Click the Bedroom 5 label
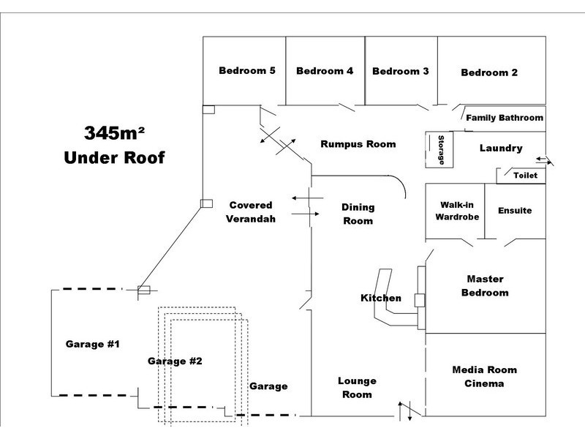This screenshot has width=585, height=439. coord(247,71)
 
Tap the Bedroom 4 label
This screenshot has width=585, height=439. coord(325,71)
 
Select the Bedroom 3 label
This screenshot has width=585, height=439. coord(400,72)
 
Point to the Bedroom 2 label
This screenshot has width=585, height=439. coord(489,72)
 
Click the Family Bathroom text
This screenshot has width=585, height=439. coord(505,118)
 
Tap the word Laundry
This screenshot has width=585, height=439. coord(501,149)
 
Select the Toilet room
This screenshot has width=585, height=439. coord(525,176)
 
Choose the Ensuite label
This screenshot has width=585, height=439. coord(515,211)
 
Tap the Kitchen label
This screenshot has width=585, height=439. coord(381,299)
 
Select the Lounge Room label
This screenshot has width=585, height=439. coord(357,388)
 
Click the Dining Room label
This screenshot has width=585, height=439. coord(358,214)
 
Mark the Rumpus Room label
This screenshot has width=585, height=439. coord(358,144)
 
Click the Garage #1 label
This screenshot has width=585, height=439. coord(93,344)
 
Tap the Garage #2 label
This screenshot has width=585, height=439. coord(175,361)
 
